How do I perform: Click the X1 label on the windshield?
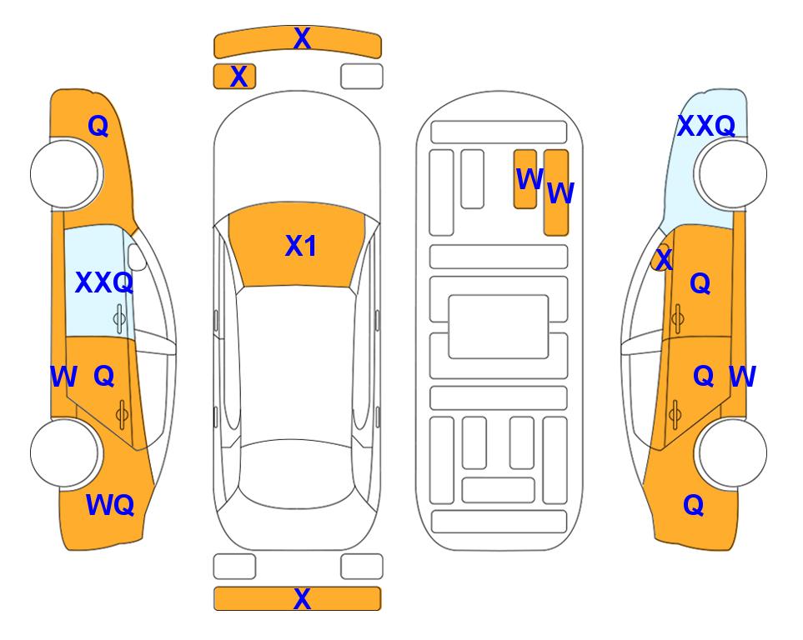pos(301,247)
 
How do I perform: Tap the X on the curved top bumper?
pos(302,38)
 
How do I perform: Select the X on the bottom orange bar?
pos(302,598)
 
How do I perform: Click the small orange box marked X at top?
pos(234,77)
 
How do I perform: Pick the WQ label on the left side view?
pos(110,505)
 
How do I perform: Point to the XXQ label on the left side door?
pos(104,282)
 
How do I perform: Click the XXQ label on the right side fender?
pos(706,126)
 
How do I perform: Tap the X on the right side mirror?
pos(664,258)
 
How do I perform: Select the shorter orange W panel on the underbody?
pos(525,179)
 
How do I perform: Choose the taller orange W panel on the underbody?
pos(556,192)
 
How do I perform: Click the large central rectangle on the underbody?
pos(499,327)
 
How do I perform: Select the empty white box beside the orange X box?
pos(362,77)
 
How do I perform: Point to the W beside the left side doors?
pos(63,377)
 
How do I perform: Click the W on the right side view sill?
pos(742,377)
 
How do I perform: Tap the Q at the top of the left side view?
pos(98,126)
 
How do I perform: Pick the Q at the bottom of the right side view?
pos(694,505)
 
